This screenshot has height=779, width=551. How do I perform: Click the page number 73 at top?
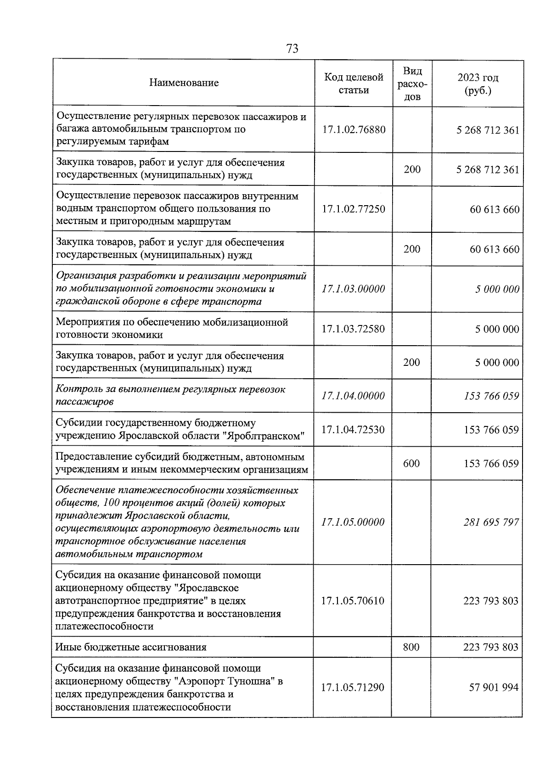pyautogui.click(x=292, y=49)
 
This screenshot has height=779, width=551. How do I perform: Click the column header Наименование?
pyautogui.click(x=184, y=83)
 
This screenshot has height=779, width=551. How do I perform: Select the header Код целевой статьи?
pyautogui.click(x=354, y=84)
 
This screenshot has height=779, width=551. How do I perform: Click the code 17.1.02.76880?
pyautogui.click(x=354, y=130)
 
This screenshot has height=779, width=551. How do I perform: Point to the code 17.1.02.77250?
pyautogui.click(x=354, y=209)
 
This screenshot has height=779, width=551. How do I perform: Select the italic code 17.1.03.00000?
pyautogui.click(x=353, y=289)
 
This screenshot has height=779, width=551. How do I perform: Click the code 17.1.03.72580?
pyautogui.click(x=353, y=329)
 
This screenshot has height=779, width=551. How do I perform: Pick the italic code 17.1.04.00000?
pyautogui.click(x=353, y=396)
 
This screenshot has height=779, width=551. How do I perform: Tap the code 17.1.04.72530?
pyautogui.click(x=353, y=430)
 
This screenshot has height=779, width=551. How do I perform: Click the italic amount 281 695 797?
pyautogui.click(x=491, y=522)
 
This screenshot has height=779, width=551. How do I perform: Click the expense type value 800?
pyautogui.click(x=411, y=647)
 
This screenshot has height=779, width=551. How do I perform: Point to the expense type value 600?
pyautogui.click(x=411, y=464)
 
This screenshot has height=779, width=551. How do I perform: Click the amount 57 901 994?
pyautogui.click(x=494, y=688)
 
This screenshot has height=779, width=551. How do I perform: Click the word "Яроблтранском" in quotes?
pyautogui.click(x=264, y=436)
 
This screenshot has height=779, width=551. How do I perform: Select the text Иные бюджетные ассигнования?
pyautogui.click(x=131, y=647)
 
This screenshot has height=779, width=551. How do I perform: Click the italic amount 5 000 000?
pyautogui.click(x=497, y=289)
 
